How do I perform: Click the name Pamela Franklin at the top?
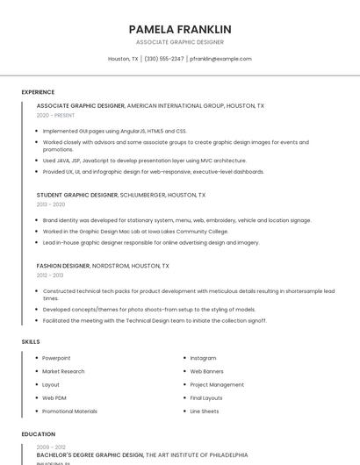click(x=180, y=29)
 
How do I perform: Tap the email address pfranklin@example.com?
click(x=220, y=59)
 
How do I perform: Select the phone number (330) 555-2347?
click(x=164, y=59)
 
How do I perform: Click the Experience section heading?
click(x=38, y=92)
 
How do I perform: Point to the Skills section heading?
click(x=31, y=341)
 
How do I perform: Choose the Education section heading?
click(x=38, y=433)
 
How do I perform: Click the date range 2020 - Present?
click(x=55, y=115)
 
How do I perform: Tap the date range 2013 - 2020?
click(x=51, y=204)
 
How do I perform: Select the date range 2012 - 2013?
click(x=50, y=275)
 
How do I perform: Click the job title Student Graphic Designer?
click(x=77, y=195)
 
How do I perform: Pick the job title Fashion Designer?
click(x=63, y=265)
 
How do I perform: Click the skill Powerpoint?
click(x=56, y=358)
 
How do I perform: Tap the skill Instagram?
click(x=203, y=358)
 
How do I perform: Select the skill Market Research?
click(x=63, y=371)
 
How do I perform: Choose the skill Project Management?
click(x=217, y=384)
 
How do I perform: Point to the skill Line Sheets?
click(x=205, y=411)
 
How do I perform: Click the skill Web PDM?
click(x=54, y=397)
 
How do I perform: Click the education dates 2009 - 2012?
click(x=51, y=447)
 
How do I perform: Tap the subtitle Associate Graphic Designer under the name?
click(x=180, y=42)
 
